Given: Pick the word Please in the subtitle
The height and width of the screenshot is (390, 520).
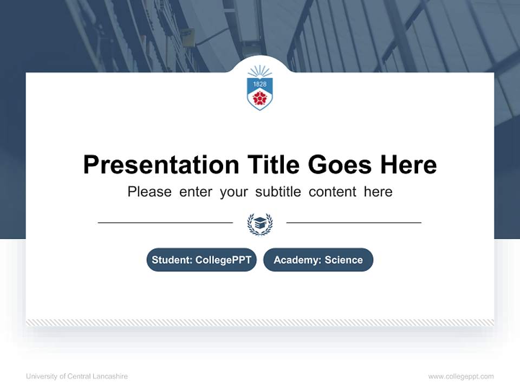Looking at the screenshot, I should tap(149, 192).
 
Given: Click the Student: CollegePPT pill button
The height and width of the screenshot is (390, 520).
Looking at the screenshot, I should tap(201, 260).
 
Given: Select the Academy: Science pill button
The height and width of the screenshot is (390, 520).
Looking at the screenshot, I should tap(318, 260).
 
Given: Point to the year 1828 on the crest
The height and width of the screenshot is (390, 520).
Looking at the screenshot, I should tap(260, 84).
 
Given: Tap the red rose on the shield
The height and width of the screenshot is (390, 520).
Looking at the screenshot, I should tap(260, 97).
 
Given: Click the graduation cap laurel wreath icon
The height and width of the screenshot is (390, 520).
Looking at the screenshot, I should tap(260, 224).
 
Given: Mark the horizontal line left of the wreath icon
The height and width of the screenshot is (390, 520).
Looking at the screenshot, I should tap(165, 223).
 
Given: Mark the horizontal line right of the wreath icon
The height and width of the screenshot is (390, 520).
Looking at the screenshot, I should tap(354, 223).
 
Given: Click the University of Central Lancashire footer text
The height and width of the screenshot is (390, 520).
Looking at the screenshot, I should tap(77, 376).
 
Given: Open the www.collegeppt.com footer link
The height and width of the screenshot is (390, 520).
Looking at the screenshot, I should tap(461, 376).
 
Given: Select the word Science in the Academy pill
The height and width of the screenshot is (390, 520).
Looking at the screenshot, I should tap(343, 260).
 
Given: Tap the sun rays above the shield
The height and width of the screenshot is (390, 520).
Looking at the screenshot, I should tap(260, 71).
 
